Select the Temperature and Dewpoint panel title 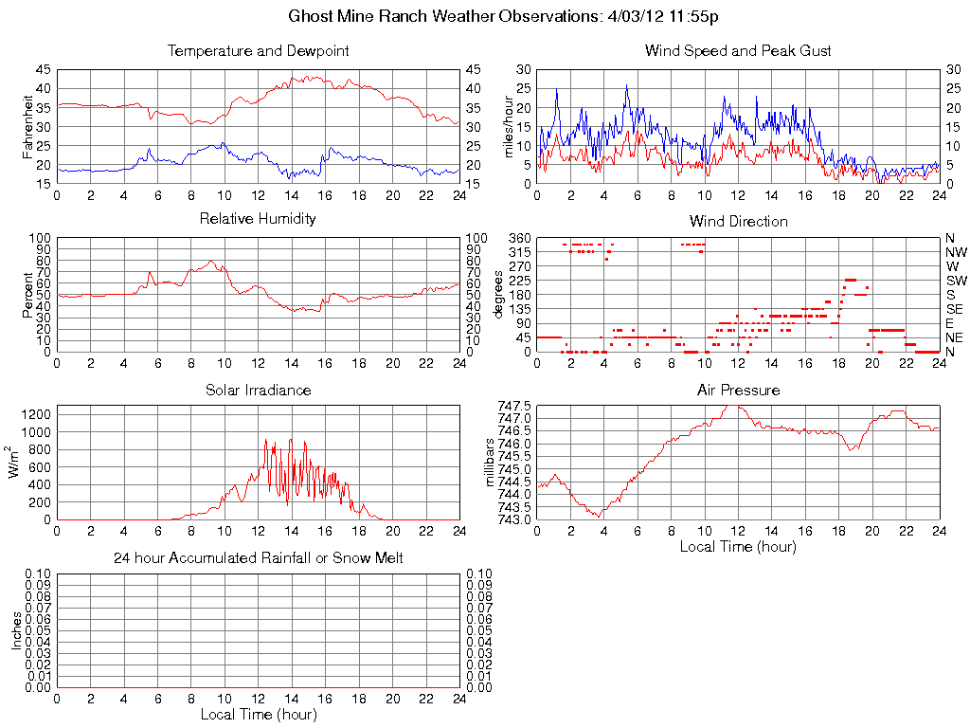pyautogui.click(x=258, y=51)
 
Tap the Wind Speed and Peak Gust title pyautogui.click(x=738, y=51)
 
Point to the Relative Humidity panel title pyautogui.click(x=258, y=219)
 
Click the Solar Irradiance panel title pyautogui.click(x=258, y=390)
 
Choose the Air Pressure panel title pyautogui.click(x=738, y=390)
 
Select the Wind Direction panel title pyautogui.click(x=738, y=222)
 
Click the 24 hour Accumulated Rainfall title pyautogui.click(x=258, y=558)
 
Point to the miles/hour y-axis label pyautogui.click(x=509, y=126)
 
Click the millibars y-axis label pyautogui.click(x=491, y=462)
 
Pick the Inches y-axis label pyautogui.click(x=16, y=630)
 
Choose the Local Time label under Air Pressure pyautogui.click(x=738, y=547)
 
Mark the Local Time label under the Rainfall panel pyautogui.click(x=258, y=714)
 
